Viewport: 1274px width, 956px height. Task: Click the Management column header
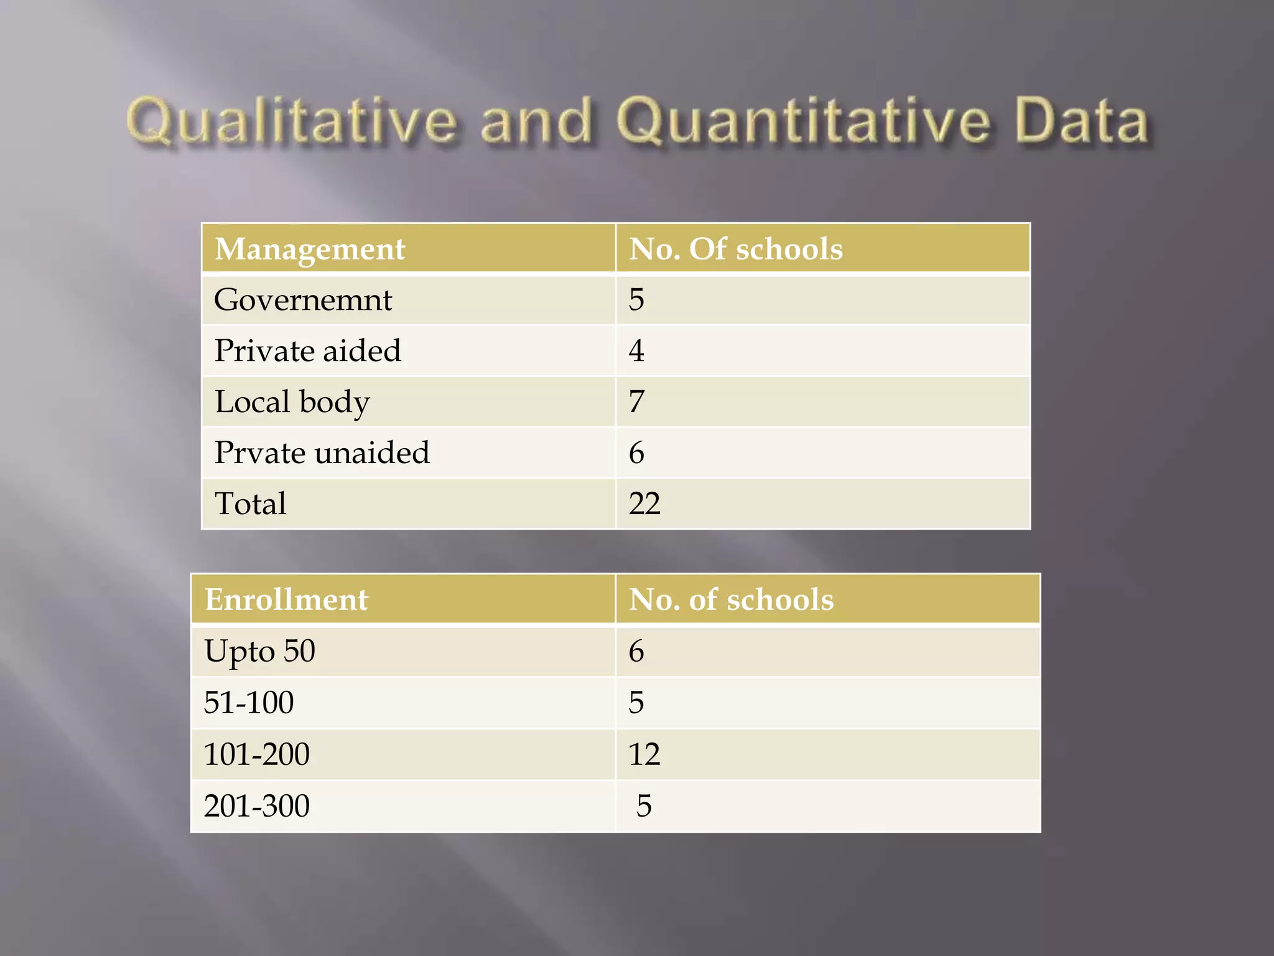310,249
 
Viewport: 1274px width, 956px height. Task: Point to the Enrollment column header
286,599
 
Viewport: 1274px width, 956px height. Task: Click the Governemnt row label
303,300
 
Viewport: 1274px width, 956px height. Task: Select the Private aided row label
307,350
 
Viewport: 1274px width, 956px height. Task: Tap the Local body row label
292,401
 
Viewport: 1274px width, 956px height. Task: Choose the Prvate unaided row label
322,452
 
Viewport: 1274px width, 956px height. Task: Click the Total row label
250,504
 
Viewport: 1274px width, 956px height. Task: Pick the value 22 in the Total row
644,504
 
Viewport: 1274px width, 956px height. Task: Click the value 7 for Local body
636,401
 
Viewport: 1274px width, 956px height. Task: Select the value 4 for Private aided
636,350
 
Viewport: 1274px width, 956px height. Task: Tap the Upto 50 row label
259,651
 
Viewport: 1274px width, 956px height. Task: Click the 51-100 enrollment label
248,703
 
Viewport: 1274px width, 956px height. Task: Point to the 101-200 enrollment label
256,754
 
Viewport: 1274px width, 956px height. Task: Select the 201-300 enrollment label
256,806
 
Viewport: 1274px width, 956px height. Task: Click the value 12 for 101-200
644,754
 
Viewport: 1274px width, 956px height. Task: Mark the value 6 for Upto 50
636,651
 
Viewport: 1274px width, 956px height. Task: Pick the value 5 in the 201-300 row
644,806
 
